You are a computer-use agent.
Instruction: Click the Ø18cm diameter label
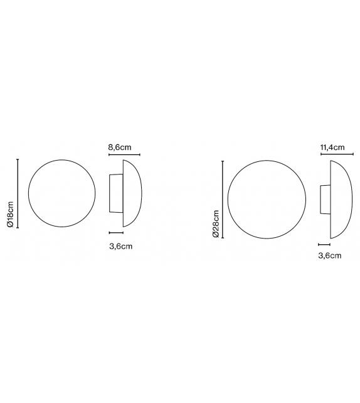click(x=10, y=213)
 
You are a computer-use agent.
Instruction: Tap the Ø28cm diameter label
click(x=215, y=223)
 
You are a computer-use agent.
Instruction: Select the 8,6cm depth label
click(x=120, y=147)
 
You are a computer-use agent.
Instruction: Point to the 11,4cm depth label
click(x=332, y=148)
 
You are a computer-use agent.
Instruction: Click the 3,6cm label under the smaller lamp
click(x=120, y=246)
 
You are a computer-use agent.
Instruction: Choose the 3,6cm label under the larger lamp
click(x=330, y=255)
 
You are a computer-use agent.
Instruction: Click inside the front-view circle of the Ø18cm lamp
click(x=63, y=193)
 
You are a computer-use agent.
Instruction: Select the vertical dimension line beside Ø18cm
click(x=18, y=193)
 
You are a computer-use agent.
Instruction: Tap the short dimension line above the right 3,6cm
click(x=324, y=245)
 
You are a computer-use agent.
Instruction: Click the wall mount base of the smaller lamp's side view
click(x=116, y=193)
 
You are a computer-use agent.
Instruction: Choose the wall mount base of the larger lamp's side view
click(x=324, y=200)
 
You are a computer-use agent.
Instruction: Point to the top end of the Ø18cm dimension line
click(x=18, y=159)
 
